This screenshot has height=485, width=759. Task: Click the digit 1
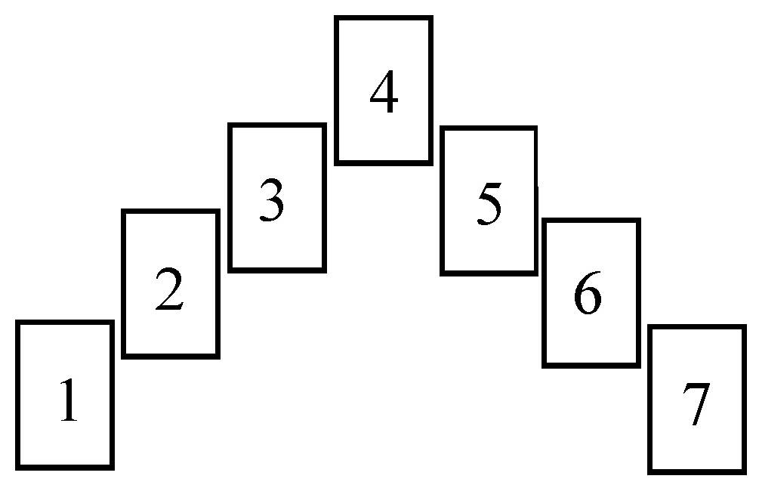coord(68,400)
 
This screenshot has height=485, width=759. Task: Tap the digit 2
coord(169,289)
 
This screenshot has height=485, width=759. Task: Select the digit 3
coord(272,200)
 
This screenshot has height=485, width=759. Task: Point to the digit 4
coord(384,91)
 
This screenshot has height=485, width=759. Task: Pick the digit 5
coord(490,204)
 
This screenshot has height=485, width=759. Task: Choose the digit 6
coord(588,292)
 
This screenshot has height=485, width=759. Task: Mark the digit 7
coord(696,404)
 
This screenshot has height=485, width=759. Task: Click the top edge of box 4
coord(384,18)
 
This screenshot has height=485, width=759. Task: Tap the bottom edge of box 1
coord(65,468)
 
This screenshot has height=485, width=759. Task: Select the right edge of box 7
coord(743,400)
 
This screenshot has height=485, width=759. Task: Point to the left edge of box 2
coord(124,284)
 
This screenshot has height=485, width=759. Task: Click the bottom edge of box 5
coord(489,273)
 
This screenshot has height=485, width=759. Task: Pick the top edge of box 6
coord(591,221)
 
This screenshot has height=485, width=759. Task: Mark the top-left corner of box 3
coord(230,125)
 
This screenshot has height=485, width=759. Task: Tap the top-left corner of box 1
coord(18,323)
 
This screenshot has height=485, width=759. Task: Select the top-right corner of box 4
coord(430,18)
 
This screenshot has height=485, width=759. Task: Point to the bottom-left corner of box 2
coord(124,357)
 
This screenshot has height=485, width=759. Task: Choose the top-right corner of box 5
coord(535,128)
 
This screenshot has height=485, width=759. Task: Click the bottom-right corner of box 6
coord(638,366)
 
